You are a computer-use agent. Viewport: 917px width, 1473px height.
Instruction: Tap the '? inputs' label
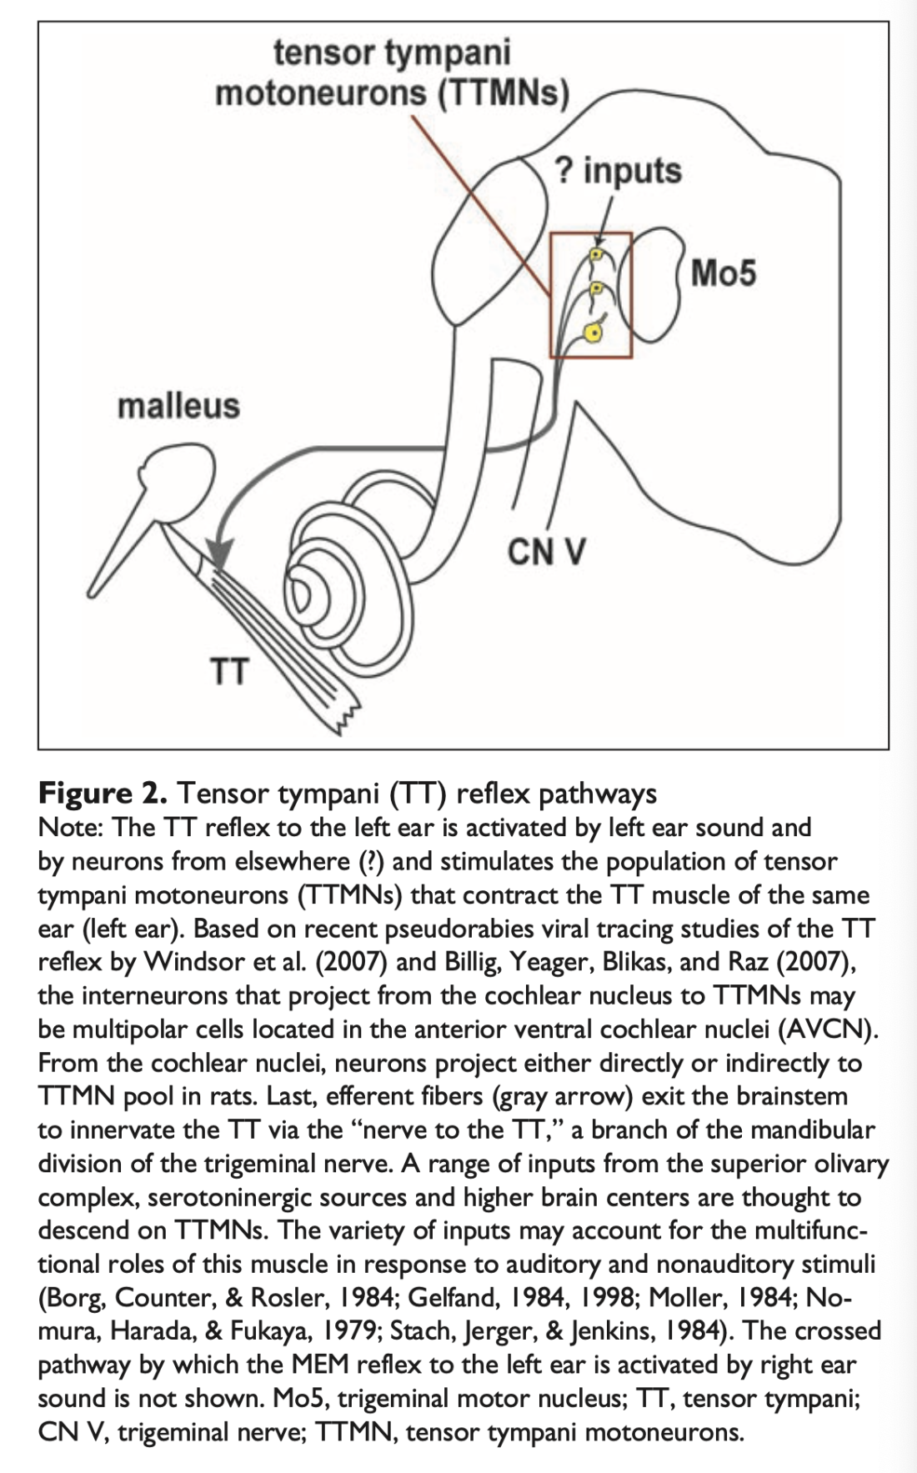618,171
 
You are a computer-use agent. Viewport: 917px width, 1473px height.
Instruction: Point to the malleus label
178,406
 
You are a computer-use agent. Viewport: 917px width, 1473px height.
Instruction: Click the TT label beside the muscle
228,670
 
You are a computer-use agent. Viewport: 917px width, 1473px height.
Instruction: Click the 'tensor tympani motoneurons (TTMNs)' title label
392,73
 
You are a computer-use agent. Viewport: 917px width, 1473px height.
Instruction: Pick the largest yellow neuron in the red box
594,333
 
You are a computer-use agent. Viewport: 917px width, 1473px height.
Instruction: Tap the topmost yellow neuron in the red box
596,253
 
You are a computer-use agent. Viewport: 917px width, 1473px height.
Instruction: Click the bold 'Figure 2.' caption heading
103,793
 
